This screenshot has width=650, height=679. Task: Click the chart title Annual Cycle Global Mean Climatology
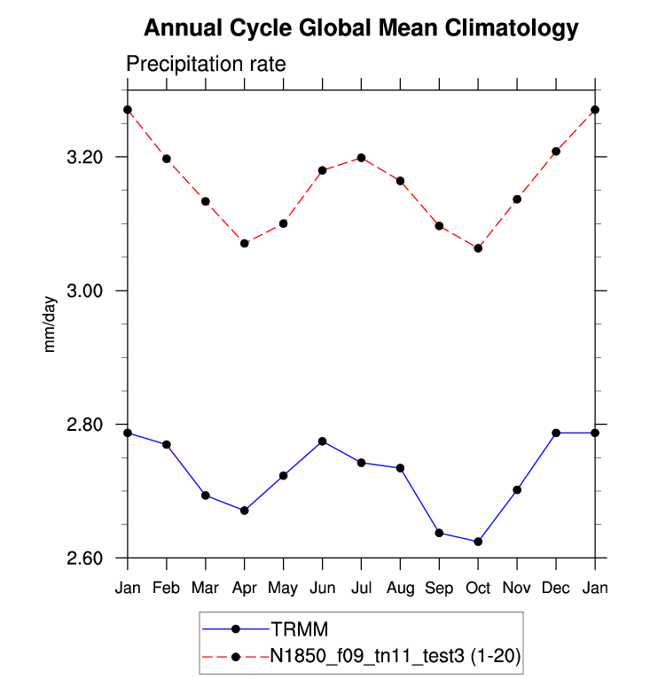click(x=361, y=28)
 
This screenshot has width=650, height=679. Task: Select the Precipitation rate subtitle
click(x=206, y=65)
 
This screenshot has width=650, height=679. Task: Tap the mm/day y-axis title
click(x=51, y=324)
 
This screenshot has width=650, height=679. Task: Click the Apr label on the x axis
click(x=244, y=589)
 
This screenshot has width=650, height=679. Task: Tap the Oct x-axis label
click(x=478, y=589)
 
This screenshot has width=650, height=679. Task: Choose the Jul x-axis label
click(x=361, y=589)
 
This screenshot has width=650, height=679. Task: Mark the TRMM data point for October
click(x=478, y=542)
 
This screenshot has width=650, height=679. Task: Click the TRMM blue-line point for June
click(x=322, y=441)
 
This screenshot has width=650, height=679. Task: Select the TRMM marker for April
click(x=244, y=511)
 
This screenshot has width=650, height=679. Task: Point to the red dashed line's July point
click(x=361, y=158)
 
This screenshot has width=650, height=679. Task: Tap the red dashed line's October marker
click(x=478, y=248)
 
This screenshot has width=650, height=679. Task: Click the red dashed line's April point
click(x=244, y=243)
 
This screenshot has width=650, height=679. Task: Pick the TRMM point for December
click(x=556, y=433)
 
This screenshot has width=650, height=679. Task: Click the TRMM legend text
click(x=300, y=629)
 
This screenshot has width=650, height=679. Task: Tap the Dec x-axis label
click(x=556, y=589)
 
